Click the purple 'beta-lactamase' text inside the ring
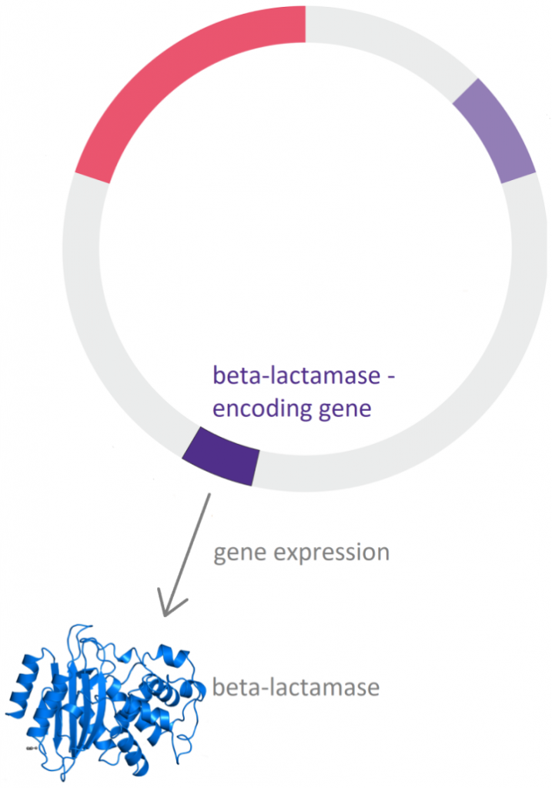tap(296, 376)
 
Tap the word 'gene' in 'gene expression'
tap(239, 554)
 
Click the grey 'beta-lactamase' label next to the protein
tap(296, 687)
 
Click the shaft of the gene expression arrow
tap(187, 553)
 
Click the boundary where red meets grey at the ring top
tap(306, 24)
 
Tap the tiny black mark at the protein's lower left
tap(30, 748)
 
